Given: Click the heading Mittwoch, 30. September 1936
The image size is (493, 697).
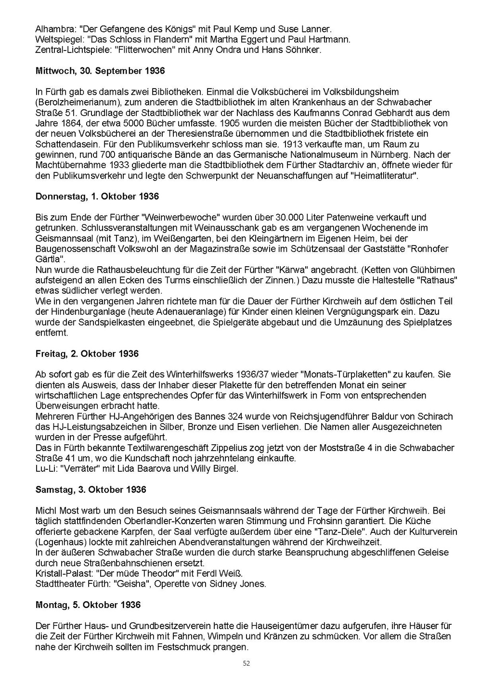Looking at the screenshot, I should pos(100,71).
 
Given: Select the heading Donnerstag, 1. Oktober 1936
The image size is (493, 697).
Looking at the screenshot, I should pos(97,196).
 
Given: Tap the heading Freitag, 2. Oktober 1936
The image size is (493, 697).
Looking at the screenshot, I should pos(87,353).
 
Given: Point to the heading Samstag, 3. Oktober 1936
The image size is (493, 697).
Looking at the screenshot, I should pos(91,490).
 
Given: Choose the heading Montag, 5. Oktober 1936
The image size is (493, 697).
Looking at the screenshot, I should pos(88,605).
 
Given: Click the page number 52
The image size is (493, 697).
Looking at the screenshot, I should pos(246,663).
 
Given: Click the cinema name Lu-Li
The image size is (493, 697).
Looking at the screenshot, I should pos(45,468).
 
